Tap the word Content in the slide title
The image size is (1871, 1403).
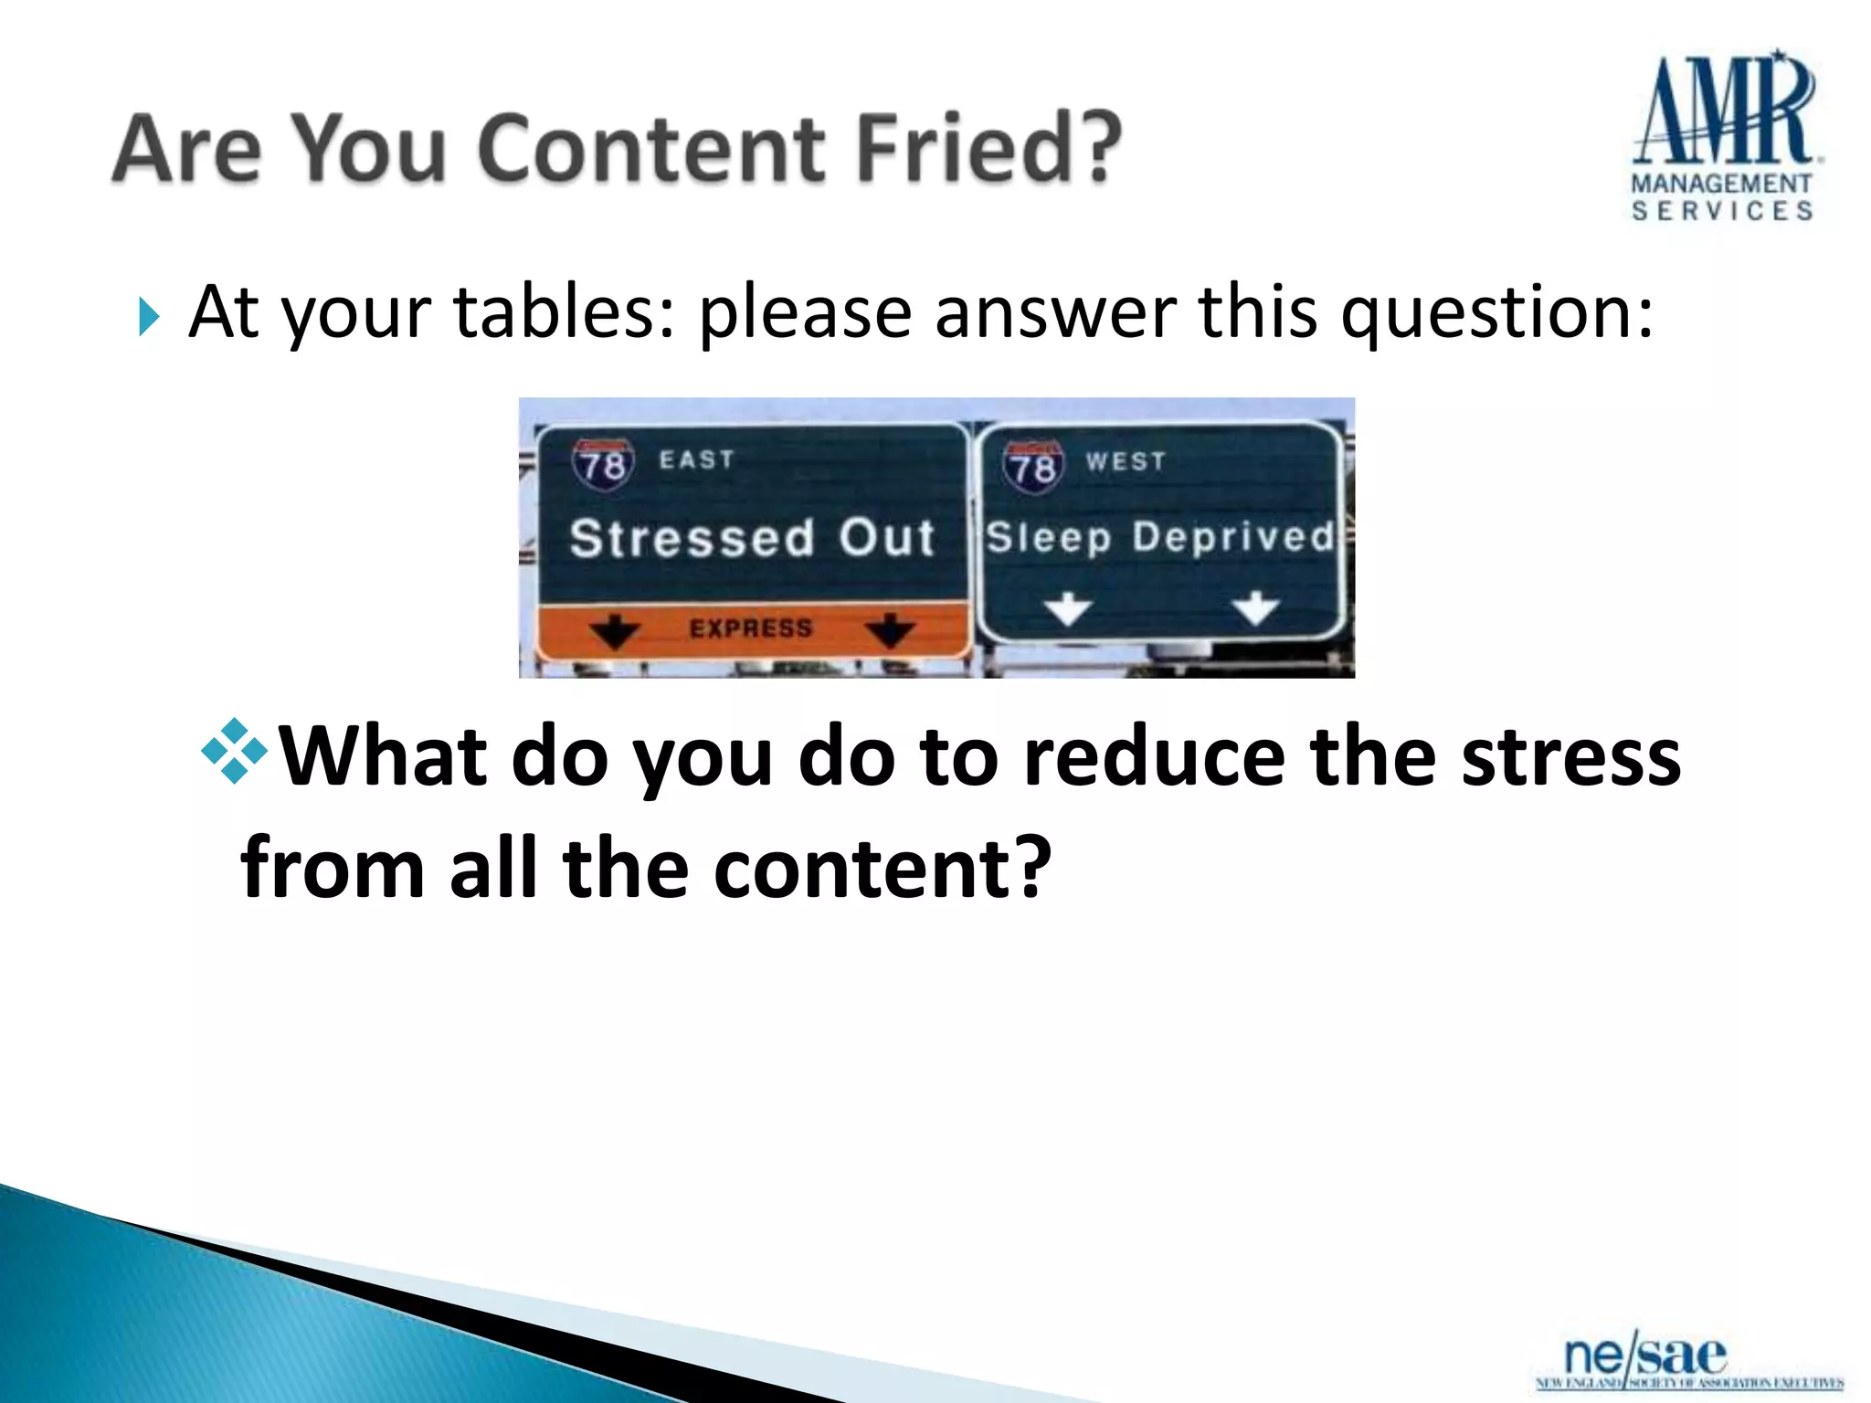[650, 148]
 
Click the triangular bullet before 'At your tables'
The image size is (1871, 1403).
[150, 318]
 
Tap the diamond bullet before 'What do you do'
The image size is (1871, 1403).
[234, 751]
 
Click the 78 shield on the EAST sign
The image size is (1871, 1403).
[602, 464]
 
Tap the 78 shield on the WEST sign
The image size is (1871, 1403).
[1033, 468]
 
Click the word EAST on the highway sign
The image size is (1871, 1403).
[697, 459]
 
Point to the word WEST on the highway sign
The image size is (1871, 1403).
[1126, 461]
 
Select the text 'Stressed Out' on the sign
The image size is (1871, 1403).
[752, 537]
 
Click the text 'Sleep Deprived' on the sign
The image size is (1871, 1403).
[1160, 537]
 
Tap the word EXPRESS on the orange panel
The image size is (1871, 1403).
[751, 628]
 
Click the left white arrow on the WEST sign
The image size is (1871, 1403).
[1068, 608]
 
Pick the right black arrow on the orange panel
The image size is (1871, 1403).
[890, 630]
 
